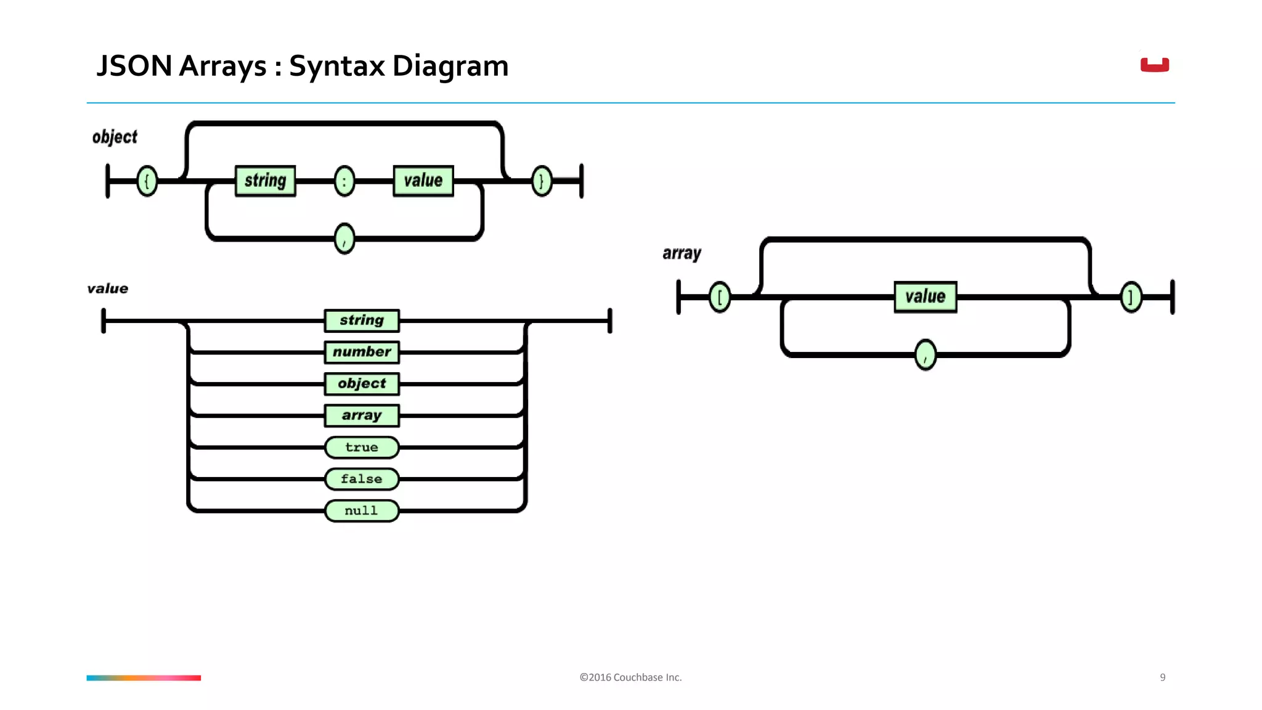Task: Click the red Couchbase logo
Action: [1154, 65]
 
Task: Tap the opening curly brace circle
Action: [147, 181]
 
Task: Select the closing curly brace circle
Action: [542, 181]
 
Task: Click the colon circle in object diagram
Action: [344, 181]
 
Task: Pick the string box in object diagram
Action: [266, 181]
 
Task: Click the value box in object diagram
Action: [423, 181]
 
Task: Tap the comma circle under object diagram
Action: [344, 239]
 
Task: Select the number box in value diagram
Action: [362, 352]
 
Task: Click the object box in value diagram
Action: [362, 383]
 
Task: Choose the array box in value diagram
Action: [362, 415]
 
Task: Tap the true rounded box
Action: [362, 447]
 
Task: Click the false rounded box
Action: [362, 479]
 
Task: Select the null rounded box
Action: [362, 511]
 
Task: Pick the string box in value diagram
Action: [362, 320]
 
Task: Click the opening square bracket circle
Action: [720, 297]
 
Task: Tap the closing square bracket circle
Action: [1131, 297]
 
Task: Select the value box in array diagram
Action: [925, 297]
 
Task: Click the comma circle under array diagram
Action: [925, 355]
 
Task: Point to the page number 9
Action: [1162, 677]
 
